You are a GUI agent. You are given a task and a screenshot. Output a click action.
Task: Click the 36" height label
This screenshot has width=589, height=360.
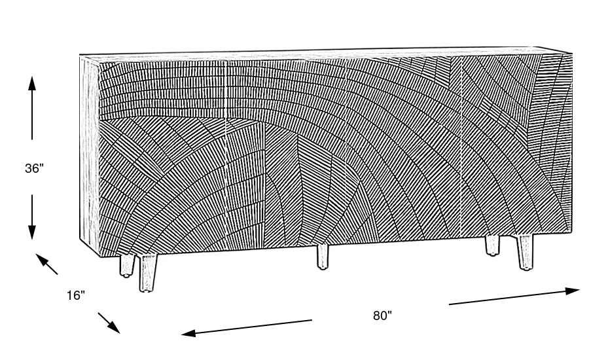[33, 168]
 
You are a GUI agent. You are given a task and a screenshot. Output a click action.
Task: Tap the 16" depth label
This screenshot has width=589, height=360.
[76, 296]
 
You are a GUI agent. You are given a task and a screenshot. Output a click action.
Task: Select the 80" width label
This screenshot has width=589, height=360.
[382, 315]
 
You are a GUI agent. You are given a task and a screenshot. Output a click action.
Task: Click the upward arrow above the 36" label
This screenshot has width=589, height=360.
[31, 108]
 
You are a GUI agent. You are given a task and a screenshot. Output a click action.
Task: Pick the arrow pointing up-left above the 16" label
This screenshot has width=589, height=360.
[46, 263]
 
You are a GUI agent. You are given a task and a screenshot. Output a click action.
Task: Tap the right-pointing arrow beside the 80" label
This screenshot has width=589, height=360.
[514, 296]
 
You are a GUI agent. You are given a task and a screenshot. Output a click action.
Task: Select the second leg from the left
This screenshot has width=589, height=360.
[148, 272]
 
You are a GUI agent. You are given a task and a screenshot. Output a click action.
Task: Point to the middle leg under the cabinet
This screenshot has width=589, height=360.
[323, 257]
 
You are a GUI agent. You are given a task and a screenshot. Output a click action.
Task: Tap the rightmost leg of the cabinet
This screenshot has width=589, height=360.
[525, 253]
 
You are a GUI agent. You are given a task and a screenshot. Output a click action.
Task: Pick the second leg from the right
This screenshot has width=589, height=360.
[491, 246]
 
